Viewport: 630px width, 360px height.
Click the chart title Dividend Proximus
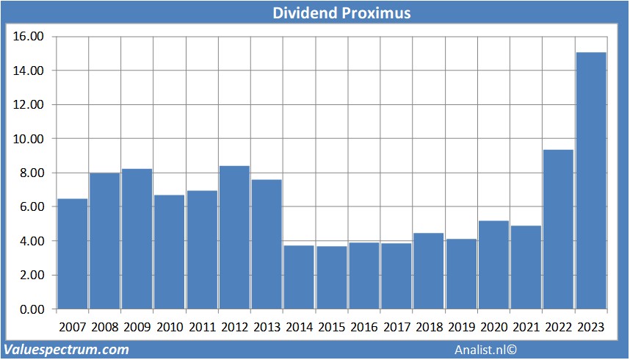(341, 13)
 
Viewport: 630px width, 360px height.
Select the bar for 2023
(591, 181)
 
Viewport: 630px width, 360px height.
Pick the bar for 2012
(234, 237)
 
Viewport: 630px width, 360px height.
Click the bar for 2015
(332, 277)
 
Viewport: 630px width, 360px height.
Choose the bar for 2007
(73, 253)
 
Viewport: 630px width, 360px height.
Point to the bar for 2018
(429, 271)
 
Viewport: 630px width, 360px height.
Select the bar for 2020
(493, 264)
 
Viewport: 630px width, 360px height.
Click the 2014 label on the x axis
(300, 327)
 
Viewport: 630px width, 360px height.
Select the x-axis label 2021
(526, 327)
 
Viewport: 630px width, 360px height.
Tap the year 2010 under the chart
(170, 327)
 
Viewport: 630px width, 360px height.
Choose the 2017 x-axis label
(397, 327)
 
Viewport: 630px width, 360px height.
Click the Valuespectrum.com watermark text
(66, 350)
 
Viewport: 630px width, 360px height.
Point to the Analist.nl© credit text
(486, 350)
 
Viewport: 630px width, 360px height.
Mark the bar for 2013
(267, 244)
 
